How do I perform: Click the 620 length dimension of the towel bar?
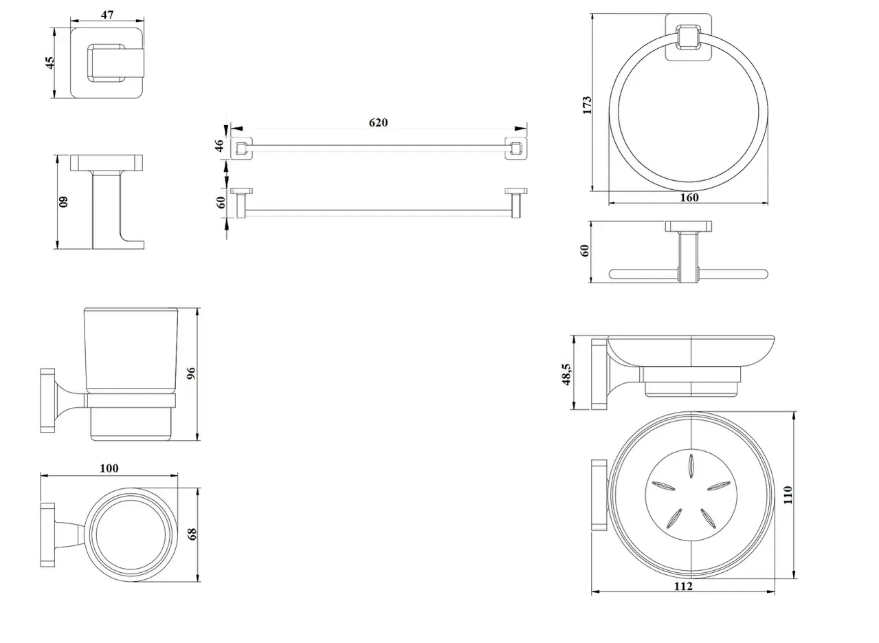[378, 123]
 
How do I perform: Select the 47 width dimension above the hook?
[107, 14]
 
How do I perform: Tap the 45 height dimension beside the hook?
[49, 63]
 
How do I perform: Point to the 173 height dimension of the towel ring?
[586, 105]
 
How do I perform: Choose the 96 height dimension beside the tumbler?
[192, 373]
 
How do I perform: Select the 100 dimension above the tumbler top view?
[109, 469]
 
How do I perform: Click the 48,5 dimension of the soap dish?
[568, 374]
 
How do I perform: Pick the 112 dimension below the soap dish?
[683, 587]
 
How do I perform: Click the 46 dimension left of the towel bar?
[219, 146]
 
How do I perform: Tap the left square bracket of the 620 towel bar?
[241, 148]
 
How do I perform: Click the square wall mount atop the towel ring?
[687, 38]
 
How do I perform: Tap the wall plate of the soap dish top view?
[598, 496]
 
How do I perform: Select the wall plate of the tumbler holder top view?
[47, 534]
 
